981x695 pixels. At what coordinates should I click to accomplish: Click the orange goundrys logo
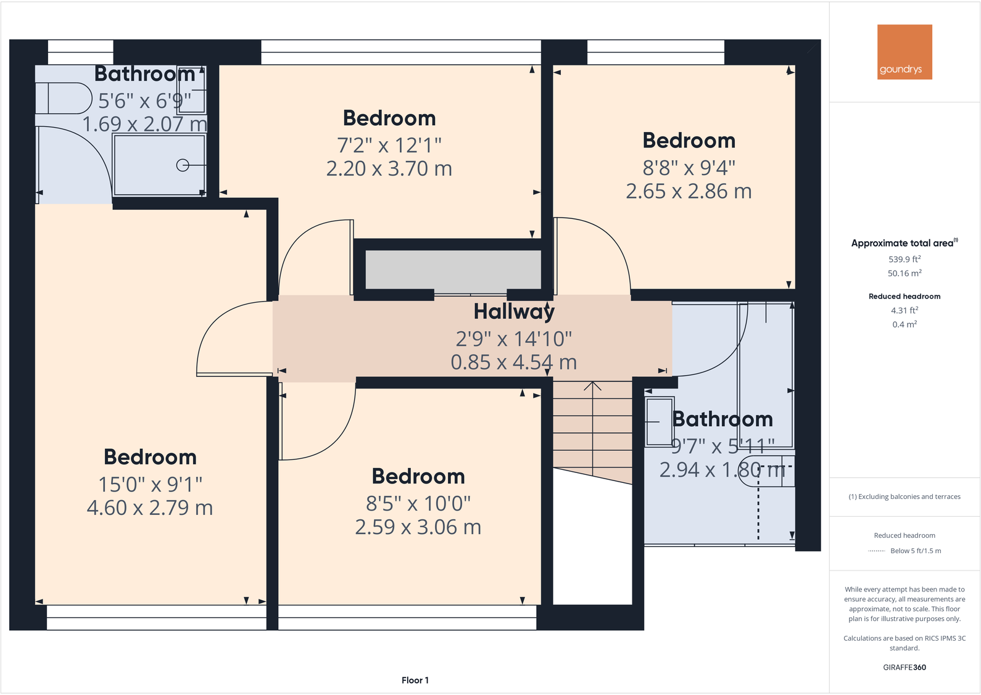[x=904, y=52]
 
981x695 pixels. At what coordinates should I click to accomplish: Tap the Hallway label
[x=514, y=311]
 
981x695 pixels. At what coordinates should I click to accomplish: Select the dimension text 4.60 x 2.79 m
[x=150, y=508]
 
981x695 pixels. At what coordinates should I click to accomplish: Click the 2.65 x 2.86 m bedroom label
[x=689, y=191]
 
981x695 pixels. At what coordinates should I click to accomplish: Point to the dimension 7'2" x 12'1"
[x=389, y=145]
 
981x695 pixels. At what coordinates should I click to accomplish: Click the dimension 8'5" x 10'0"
[x=418, y=503]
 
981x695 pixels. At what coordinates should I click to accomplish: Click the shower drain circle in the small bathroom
[x=183, y=165]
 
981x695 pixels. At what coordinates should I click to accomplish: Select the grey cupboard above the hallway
[x=453, y=269]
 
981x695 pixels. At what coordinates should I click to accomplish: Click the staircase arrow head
[x=593, y=386]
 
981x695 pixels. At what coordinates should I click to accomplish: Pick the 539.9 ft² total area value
[x=904, y=260]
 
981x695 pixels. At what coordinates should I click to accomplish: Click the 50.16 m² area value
[x=904, y=273]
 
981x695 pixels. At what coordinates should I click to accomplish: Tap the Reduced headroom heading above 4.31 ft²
[x=904, y=297]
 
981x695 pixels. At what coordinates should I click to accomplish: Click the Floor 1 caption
[x=415, y=680]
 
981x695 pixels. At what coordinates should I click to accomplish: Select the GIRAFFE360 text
[x=904, y=667]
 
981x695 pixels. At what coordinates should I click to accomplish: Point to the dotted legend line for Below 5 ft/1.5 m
[x=877, y=551]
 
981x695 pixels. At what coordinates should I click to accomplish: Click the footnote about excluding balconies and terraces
[x=904, y=496]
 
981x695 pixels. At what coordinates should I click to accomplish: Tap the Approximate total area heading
[x=903, y=243]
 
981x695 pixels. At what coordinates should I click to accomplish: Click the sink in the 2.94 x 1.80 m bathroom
[x=659, y=422]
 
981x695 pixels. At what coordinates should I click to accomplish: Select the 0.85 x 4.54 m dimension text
[x=514, y=363]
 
